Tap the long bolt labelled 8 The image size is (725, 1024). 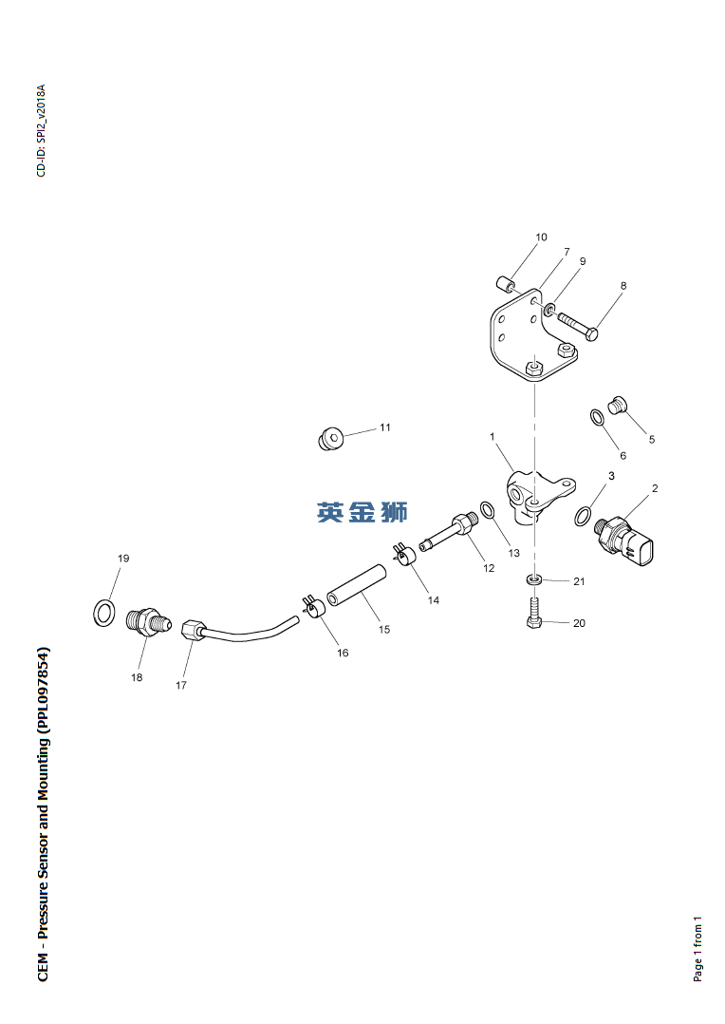point(578,325)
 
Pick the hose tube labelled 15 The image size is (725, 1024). point(357,585)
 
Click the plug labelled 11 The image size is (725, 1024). point(331,440)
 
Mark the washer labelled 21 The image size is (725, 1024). point(534,579)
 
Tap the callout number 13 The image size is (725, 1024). point(514,553)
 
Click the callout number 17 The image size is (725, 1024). point(180,685)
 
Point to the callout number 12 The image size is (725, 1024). point(489,568)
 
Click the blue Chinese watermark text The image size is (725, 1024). point(362,511)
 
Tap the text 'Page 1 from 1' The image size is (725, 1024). point(697,948)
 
